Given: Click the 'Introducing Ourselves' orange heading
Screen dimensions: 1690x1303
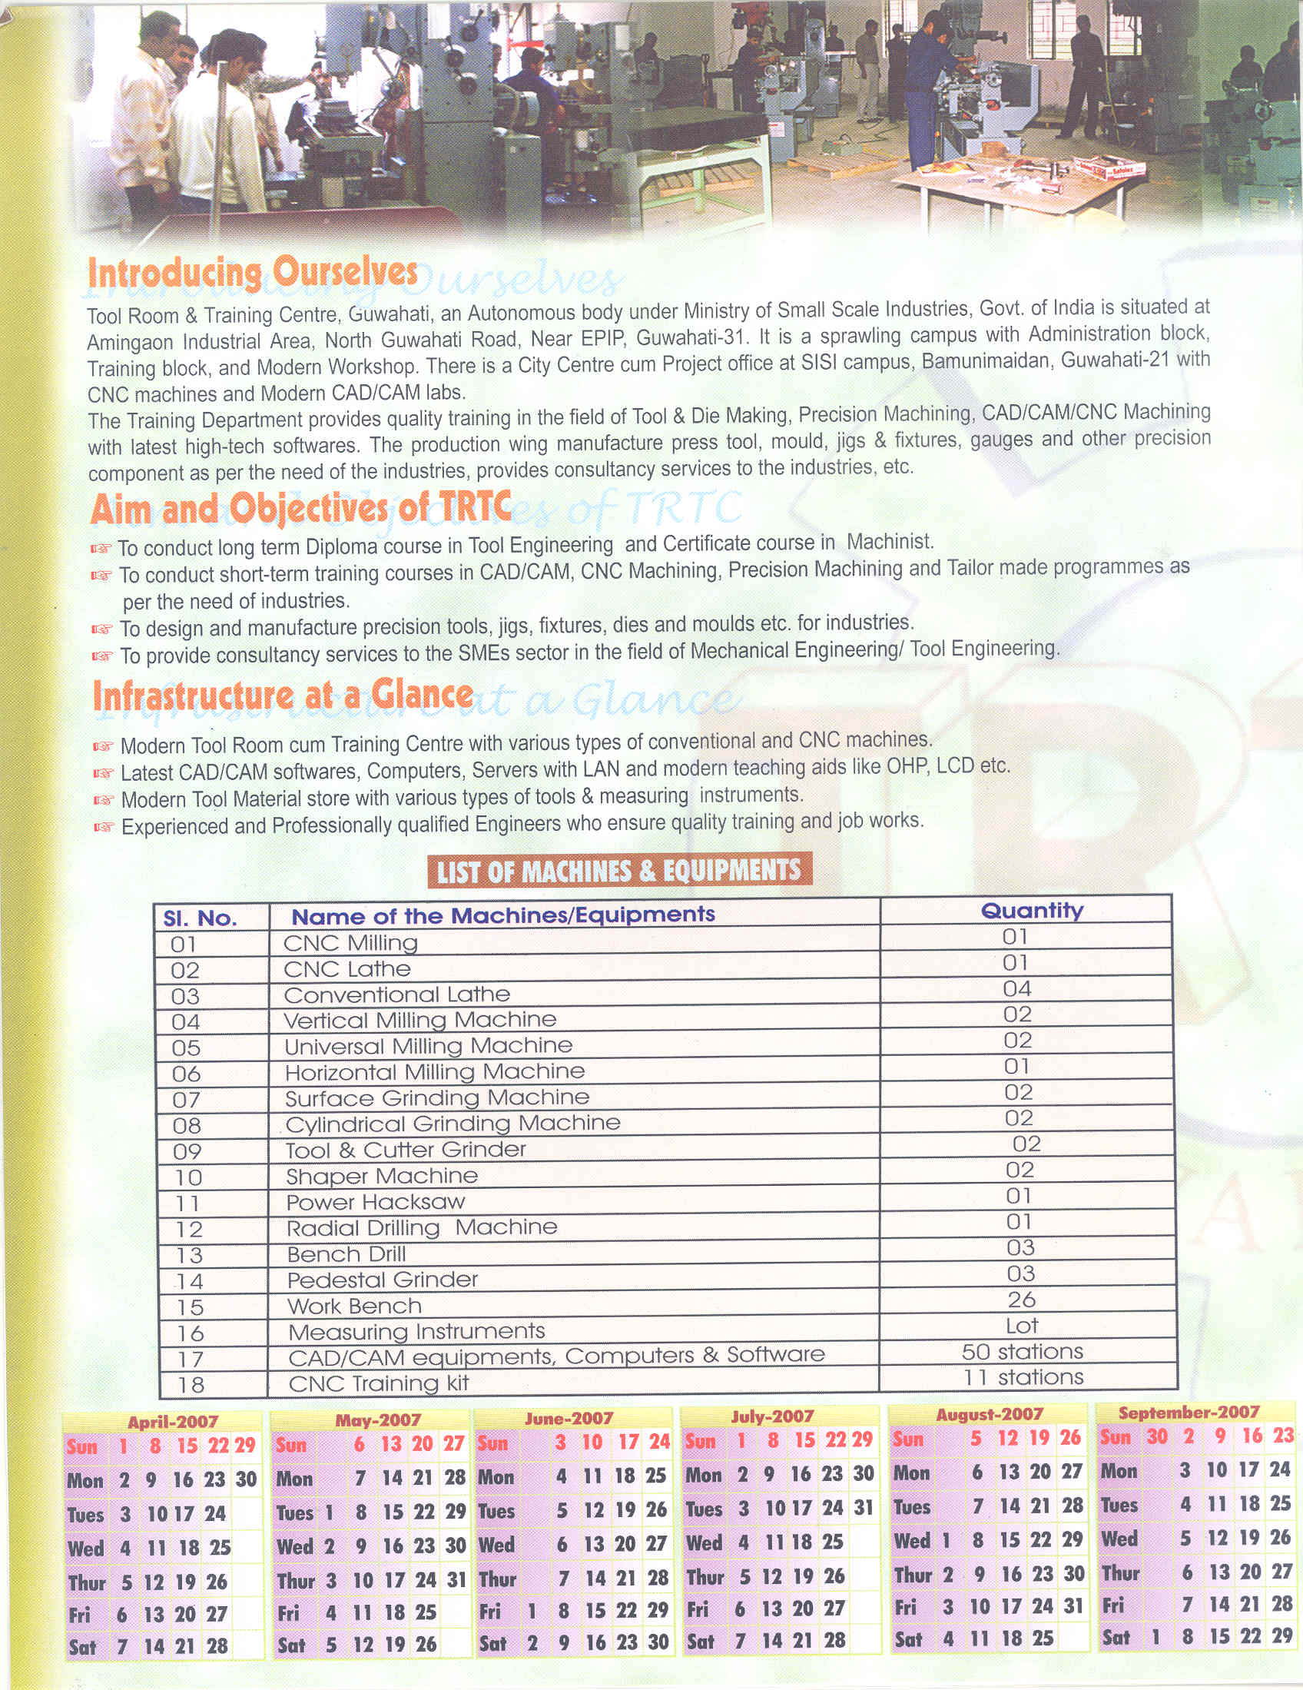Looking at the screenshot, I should pyautogui.click(x=252, y=273).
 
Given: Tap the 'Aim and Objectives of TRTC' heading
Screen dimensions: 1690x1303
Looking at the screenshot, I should pyautogui.click(x=300, y=509).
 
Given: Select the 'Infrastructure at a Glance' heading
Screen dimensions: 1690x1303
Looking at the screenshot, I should pyautogui.click(x=283, y=695).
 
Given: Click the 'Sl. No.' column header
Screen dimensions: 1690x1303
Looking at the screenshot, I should pyautogui.click(x=200, y=918).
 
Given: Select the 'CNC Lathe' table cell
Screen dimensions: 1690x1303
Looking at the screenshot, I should pyautogui.click(x=346, y=969).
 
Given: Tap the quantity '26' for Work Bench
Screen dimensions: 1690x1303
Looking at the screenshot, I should pyautogui.click(x=1021, y=1300).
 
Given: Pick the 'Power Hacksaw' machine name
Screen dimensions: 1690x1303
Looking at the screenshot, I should pyautogui.click(x=375, y=1202).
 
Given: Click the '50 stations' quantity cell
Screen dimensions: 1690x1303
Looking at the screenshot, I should pyautogui.click(x=1022, y=1351).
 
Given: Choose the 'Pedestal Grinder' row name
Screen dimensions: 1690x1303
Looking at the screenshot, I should pyautogui.click(x=383, y=1280).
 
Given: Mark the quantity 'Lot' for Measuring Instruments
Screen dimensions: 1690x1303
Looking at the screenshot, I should pyautogui.click(x=1021, y=1326).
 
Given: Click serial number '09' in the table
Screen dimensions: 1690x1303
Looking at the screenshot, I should pyautogui.click(x=187, y=1151).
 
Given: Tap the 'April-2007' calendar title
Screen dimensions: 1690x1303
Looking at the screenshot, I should pyautogui.click(x=173, y=1422).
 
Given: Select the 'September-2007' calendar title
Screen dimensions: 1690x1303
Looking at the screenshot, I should pyautogui.click(x=1189, y=1413).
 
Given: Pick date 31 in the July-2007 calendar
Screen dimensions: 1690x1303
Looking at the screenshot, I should pyautogui.click(x=863, y=1507).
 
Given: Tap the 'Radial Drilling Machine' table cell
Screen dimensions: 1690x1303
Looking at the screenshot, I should pyautogui.click(x=422, y=1227).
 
